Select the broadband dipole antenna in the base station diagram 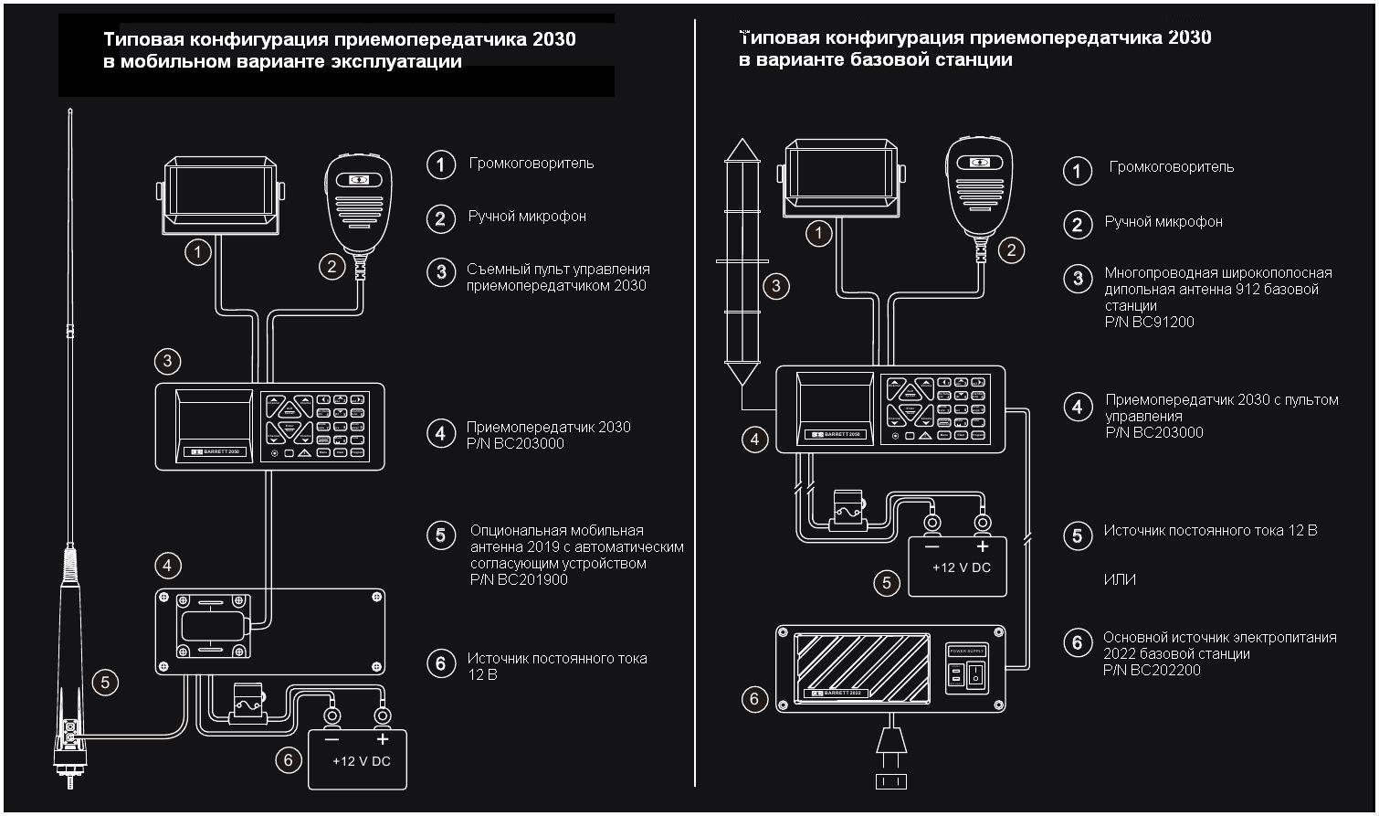click(x=742, y=265)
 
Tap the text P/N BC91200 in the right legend click(x=1149, y=322)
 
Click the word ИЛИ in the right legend click(x=1120, y=580)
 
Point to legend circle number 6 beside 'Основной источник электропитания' click(x=1078, y=643)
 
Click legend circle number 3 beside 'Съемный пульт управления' click(x=441, y=271)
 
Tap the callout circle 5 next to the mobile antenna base click(x=105, y=681)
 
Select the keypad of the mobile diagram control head click(x=316, y=426)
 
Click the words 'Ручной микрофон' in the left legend click(x=527, y=217)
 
